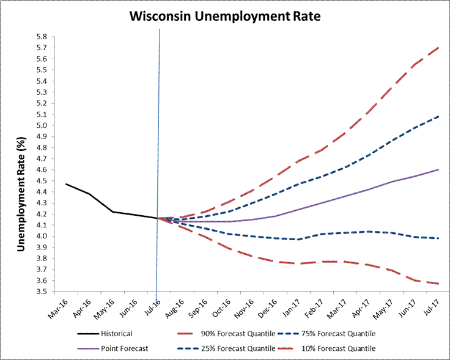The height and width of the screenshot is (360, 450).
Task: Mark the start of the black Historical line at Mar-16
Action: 66,184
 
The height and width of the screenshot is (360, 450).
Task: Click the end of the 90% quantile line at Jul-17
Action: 438,47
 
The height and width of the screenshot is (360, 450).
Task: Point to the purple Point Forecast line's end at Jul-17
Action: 438,169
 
